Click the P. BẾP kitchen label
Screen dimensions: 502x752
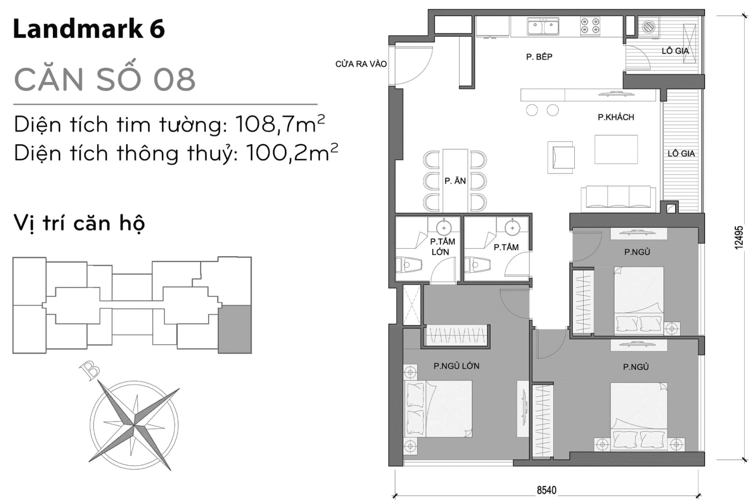pos(539,57)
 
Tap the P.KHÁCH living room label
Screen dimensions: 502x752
pos(615,117)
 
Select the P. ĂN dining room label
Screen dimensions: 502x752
pos(455,181)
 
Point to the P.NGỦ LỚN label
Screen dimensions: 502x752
pos(456,366)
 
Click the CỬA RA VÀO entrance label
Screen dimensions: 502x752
pos(361,64)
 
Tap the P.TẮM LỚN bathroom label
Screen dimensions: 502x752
pos(442,246)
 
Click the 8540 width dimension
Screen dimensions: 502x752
pos(546,490)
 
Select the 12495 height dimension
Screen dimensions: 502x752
pos(739,237)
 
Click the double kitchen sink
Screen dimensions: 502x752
pos(543,26)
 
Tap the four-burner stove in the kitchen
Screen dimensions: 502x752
pos(590,26)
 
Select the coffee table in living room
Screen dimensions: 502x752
pos(616,149)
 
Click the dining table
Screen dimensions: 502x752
pos(455,180)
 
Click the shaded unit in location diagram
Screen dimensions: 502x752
pos(235,329)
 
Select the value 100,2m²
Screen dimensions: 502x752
pos(291,153)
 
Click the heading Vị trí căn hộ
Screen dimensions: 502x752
pos(79,223)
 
